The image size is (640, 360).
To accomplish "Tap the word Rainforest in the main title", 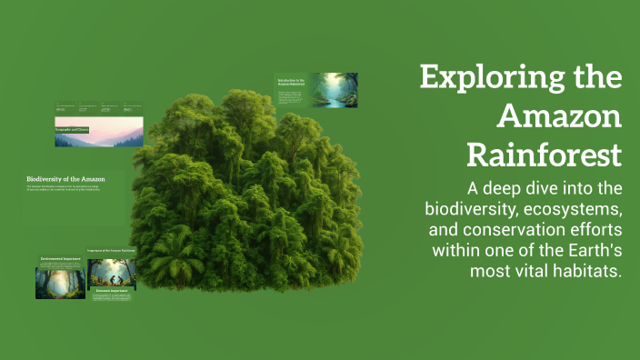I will tap(544, 155).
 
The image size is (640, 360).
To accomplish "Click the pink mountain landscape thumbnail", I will tap(98, 132).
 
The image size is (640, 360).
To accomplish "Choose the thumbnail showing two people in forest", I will tap(111, 273).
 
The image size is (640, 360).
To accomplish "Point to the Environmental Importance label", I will tap(60, 259).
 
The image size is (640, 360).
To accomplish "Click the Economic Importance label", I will tap(111, 291).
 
